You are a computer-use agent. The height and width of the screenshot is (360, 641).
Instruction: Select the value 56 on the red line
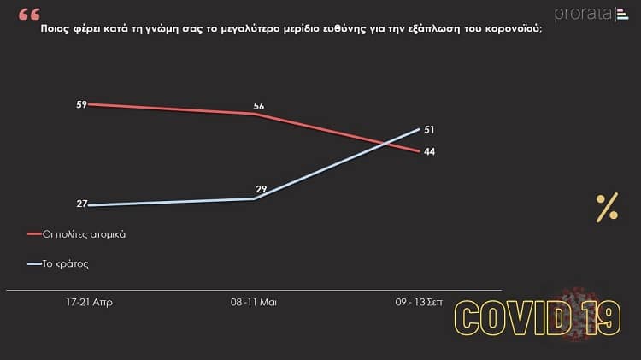click(259, 106)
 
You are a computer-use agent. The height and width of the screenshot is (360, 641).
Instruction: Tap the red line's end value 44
click(430, 152)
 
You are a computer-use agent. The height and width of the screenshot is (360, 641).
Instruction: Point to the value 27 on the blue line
click(82, 204)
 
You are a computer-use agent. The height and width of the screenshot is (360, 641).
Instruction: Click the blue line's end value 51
click(430, 129)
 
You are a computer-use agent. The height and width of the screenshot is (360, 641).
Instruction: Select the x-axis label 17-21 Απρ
click(89, 302)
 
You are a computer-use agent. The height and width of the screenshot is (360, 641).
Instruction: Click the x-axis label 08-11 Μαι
click(255, 302)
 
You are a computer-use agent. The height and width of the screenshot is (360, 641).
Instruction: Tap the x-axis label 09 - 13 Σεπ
click(420, 302)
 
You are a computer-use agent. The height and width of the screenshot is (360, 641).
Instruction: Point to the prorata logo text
click(580, 14)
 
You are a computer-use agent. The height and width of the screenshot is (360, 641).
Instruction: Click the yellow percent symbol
click(607, 208)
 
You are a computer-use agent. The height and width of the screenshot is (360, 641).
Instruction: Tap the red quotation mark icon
click(28, 14)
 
